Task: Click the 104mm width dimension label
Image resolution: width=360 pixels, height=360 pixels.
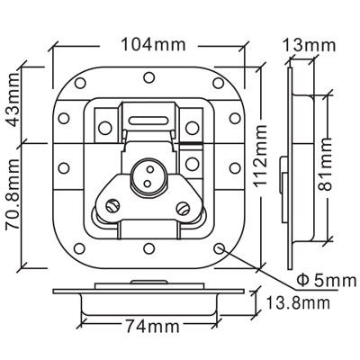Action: (x=153, y=45)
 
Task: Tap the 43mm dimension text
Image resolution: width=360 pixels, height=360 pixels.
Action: (x=13, y=104)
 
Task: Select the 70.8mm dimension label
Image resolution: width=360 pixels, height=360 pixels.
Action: (x=13, y=195)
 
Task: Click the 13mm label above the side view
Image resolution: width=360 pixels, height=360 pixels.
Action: (x=309, y=46)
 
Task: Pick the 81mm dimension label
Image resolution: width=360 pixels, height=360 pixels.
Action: (x=325, y=165)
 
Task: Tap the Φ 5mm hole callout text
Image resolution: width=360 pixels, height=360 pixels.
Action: (x=326, y=281)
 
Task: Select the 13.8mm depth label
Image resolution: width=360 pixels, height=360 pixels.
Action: (x=298, y=303)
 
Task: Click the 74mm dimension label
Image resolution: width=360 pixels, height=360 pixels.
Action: (x=152, y=326)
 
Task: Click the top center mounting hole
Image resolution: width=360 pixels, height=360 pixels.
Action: (x=148, y=77)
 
